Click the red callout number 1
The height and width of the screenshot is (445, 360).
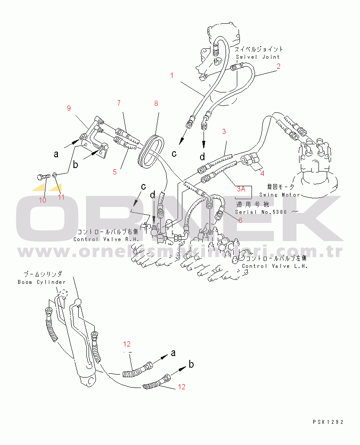[x=172, y=75]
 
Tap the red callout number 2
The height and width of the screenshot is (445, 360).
[x=279, y=66]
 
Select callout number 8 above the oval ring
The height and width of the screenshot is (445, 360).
[x=156, y=103]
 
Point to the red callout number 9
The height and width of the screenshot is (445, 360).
[x=69, y=108]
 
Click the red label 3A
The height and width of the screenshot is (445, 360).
[x=241, y=188]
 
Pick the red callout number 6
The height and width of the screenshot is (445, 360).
[x=240, y=220]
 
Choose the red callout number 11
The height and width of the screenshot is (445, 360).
[x=61, y=197]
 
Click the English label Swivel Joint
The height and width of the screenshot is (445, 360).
[x=258, y=57]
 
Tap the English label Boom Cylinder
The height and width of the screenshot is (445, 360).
[x=41, y=282]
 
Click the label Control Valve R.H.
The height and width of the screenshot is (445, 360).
[x=106, y=239]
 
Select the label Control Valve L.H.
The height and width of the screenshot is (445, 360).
[x=275, y=266]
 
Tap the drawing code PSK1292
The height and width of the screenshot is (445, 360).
[x=328, y=422]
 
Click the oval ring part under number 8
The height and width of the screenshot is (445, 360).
[x=149, y=151]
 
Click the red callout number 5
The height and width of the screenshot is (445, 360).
[x=115, y=172]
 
